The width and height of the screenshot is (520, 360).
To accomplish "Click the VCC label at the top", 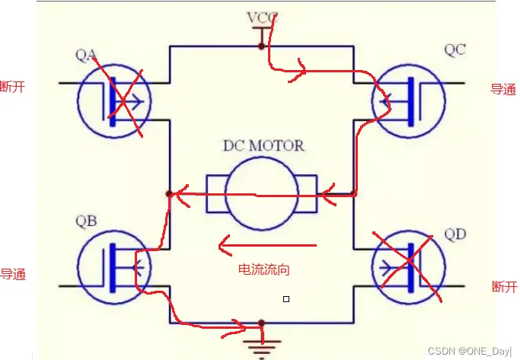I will pyautogui.click(x=261, y=17).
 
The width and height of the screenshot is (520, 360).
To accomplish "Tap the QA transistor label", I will pyautogui.click(x=87, y=54).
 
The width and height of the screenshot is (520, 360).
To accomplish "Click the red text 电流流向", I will pyautogui.click(x=264, y=269).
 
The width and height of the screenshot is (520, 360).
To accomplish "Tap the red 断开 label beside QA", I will pyautogui.click(x=14, y=87).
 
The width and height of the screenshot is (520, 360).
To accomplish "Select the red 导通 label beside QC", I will pyautogui.click(x=502, y=89).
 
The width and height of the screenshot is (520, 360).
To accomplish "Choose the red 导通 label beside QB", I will pyautogui.click(x=13, y=275).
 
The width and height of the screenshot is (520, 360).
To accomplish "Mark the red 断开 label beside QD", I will pyautogui.click(x=504, y=286).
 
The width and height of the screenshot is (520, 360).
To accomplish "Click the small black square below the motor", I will pyautogui.click(x=286, y=299).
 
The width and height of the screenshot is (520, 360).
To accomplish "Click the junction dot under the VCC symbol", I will pyautogui.click(x=261, y=46).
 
